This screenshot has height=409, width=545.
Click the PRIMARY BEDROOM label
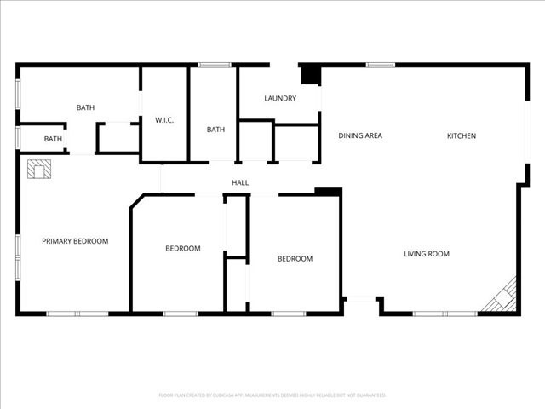75,241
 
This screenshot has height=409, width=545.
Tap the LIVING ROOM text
426,254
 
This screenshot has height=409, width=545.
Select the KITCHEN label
462,136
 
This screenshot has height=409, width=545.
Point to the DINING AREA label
359,136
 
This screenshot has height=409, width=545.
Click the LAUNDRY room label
280,99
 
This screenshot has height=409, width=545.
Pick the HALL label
240,183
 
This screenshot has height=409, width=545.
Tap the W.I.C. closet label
164,120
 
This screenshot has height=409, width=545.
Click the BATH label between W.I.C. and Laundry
215,130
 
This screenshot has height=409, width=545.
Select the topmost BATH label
85,107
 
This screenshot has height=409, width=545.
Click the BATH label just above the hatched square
53,139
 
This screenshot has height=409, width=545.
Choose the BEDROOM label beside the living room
295,259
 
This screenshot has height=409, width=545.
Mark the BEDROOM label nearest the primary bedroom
182,249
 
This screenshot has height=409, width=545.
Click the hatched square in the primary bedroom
38,170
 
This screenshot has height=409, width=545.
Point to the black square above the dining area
312,75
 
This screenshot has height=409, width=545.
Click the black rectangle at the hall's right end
328,192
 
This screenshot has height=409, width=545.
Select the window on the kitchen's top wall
380,65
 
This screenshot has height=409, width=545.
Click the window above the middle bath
215,65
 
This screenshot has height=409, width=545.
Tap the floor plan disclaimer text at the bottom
272,395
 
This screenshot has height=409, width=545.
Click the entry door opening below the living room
362,298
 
